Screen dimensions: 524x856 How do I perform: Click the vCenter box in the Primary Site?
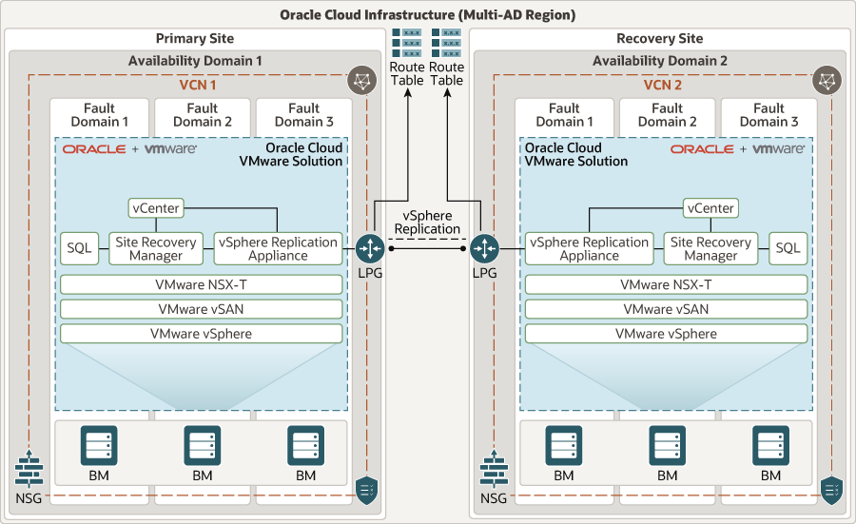156,207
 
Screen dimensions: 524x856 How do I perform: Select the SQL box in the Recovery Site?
787,247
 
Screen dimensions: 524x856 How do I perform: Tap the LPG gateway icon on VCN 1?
370,249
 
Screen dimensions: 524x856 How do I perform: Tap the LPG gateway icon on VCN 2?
485,249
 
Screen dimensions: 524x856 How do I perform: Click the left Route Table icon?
407,44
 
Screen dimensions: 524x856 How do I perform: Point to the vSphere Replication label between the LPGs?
427,223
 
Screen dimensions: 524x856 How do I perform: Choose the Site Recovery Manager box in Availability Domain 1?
155,248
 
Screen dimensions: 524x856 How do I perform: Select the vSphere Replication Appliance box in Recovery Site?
589,248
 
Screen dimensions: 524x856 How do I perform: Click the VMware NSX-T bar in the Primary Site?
201,284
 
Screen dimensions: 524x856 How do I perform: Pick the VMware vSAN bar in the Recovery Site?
666,309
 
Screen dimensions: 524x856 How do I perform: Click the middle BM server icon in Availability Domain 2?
667,445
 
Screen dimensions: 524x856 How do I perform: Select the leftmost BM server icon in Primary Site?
99,445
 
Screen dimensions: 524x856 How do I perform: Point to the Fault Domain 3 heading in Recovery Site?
768,115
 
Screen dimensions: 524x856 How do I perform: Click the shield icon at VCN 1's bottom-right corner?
366,490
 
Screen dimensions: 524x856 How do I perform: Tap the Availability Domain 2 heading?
659,61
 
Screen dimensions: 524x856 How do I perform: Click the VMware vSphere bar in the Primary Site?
201,334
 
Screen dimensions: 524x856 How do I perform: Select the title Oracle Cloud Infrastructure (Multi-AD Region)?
427,14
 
